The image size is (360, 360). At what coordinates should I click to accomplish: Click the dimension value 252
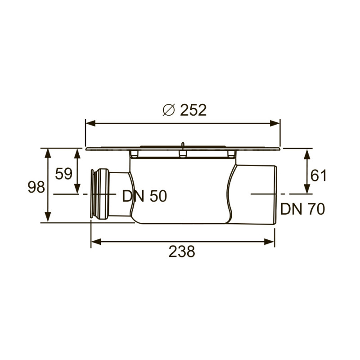[x=193, y=110]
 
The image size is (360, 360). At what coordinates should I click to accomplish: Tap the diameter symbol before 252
[x=168, y=110]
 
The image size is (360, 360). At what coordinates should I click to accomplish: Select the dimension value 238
[x=182, y=252]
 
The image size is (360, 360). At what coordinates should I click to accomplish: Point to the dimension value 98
[x=36, y=187]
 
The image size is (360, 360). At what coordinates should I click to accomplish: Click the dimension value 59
[x=63, y=173]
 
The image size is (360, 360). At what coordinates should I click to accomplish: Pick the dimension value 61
[x=319, y=175]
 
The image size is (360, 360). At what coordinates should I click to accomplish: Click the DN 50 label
[x=144, y=196]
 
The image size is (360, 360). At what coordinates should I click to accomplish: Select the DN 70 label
[x=302, y=209]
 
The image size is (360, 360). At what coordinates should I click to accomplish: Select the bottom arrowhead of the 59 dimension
[x=77, y=189]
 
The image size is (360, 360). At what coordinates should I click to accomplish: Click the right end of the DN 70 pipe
[x=274, y=194]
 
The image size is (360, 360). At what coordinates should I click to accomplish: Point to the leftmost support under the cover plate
[x=134, y=154]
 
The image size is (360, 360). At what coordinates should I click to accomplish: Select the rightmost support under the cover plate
[x=231, y=154]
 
